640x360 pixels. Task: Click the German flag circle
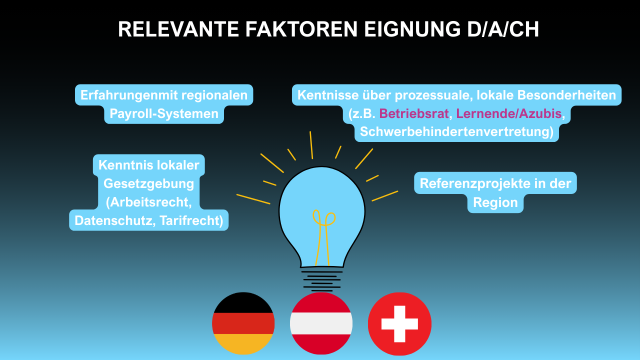click(x=243, y=323)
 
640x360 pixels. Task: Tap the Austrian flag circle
click(x=321, y=323)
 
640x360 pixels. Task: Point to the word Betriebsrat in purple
click(x=414, y=113)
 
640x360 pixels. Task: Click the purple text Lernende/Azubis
click(x=508, y=113)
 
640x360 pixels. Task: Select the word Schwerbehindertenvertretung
click(x=456, y=131)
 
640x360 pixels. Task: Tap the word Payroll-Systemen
click(x=164, y=114)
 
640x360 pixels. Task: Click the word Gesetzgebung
click(x=148, y=183)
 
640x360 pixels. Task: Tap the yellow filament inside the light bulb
click(x=323, y=235)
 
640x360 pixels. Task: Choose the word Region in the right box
click(x=495, y=202)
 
